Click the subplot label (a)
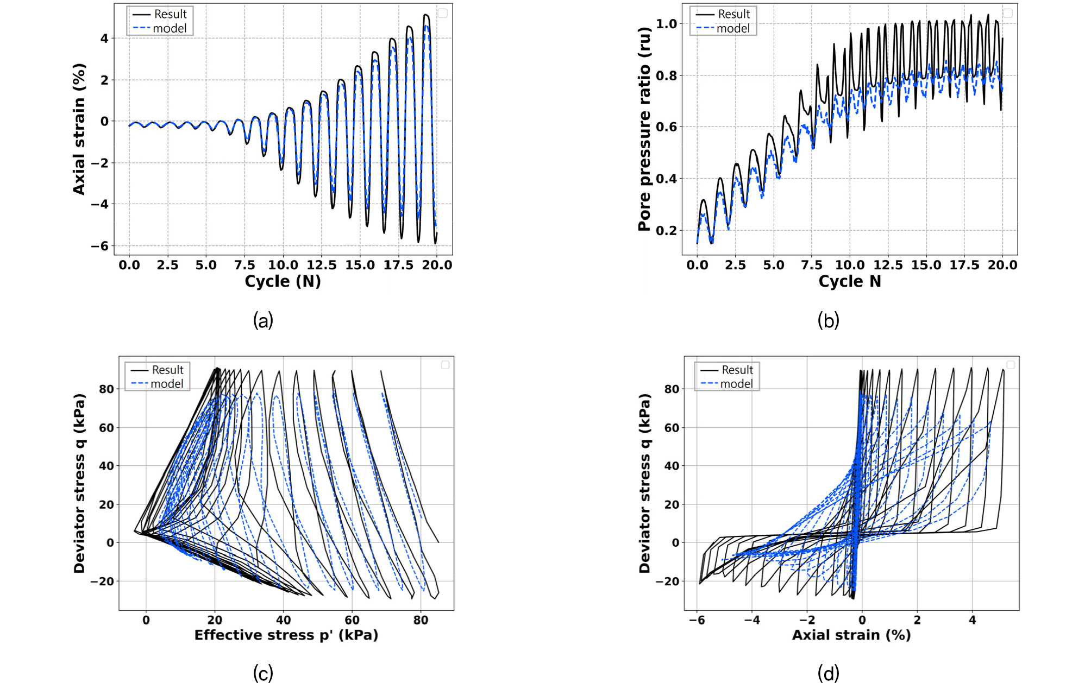(x=263, y=320)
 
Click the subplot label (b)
(x=828, y=320)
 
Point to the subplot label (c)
(x=263, y=673)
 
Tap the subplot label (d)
(x=828, y=673)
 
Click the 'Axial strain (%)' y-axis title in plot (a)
(x=79, y=129)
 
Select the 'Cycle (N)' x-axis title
(x=283, y=281)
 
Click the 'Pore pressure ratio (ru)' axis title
(x=644, y=129)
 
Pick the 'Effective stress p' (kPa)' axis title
(x=286, y=635)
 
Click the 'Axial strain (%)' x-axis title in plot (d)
(x=851, y=635)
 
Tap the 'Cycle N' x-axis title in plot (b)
(x=850, y=281)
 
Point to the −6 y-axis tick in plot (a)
(x=99, y=246)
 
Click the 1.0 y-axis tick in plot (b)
(x=666, y=23)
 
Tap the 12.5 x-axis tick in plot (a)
(x=322, y=265)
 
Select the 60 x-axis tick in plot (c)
(x=352, y=620)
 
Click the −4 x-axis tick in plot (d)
(x=752, y=620)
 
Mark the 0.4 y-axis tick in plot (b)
(x=666, y=179)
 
